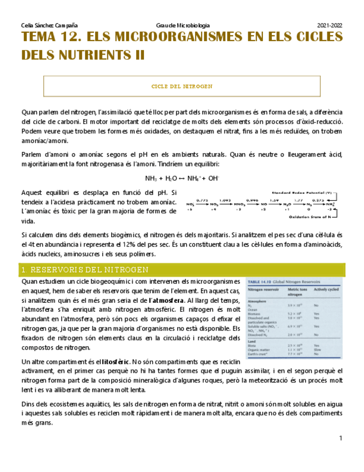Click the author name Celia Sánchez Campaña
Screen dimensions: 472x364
click(x=48, y=26)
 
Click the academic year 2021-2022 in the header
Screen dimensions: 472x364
click(x=330, y=26)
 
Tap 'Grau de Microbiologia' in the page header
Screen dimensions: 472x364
click(x=183, y=26)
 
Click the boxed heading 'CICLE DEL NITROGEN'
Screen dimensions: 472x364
click(x=182, y=87)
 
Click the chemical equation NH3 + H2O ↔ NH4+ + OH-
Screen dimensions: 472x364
click(x=182, y=179)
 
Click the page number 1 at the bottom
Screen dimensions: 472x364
click(x=340, y=439)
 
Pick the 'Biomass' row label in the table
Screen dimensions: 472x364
click(x=254, y=314)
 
